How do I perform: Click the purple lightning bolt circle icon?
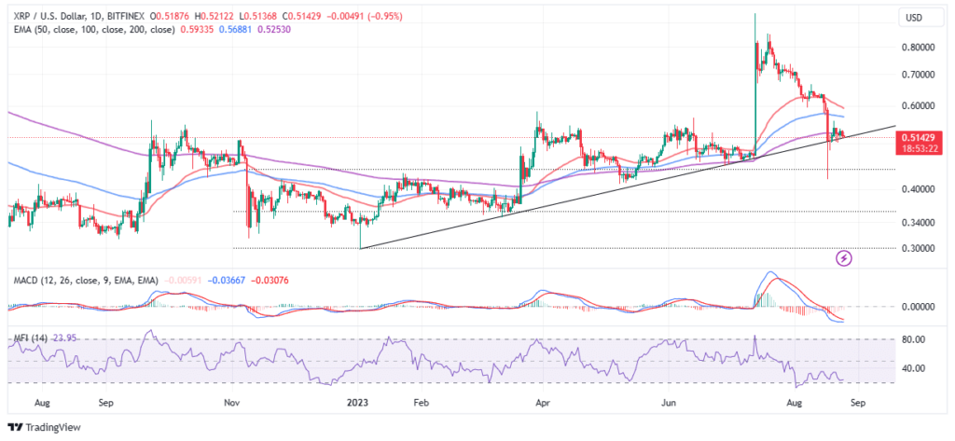[x=845, y=256]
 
